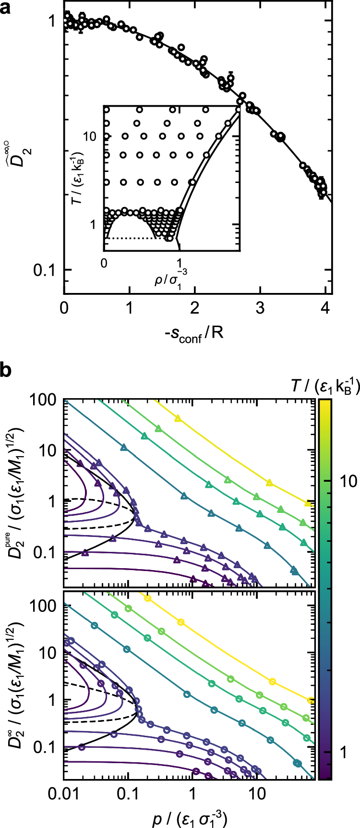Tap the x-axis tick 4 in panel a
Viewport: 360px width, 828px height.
[x=325, y=307]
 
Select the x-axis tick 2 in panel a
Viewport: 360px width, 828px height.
[x=194, y=307]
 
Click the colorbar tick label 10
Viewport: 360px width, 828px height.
[x=345, y=481]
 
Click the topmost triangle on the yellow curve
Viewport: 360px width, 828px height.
[x=178, y=419]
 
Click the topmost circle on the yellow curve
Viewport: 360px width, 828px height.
[x=148, y=598]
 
